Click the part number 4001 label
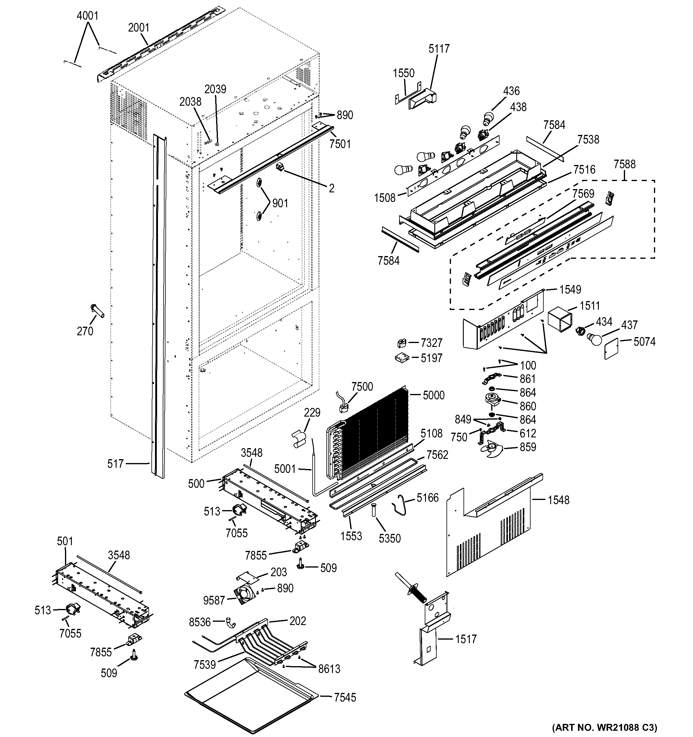pyautogui.click(x=88, y=16)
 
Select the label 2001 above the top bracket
pyautogui.click(x=138, y=28)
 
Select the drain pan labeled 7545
pyautogui.click(x=252, y=697)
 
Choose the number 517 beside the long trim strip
pyautogui.click(x=115, y=464)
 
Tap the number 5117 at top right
pyautogui.click(x=439, y=49)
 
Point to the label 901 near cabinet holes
pyautogui.click(x=280, y=203)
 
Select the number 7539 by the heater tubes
pyautogui.click(x=204, y=665)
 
